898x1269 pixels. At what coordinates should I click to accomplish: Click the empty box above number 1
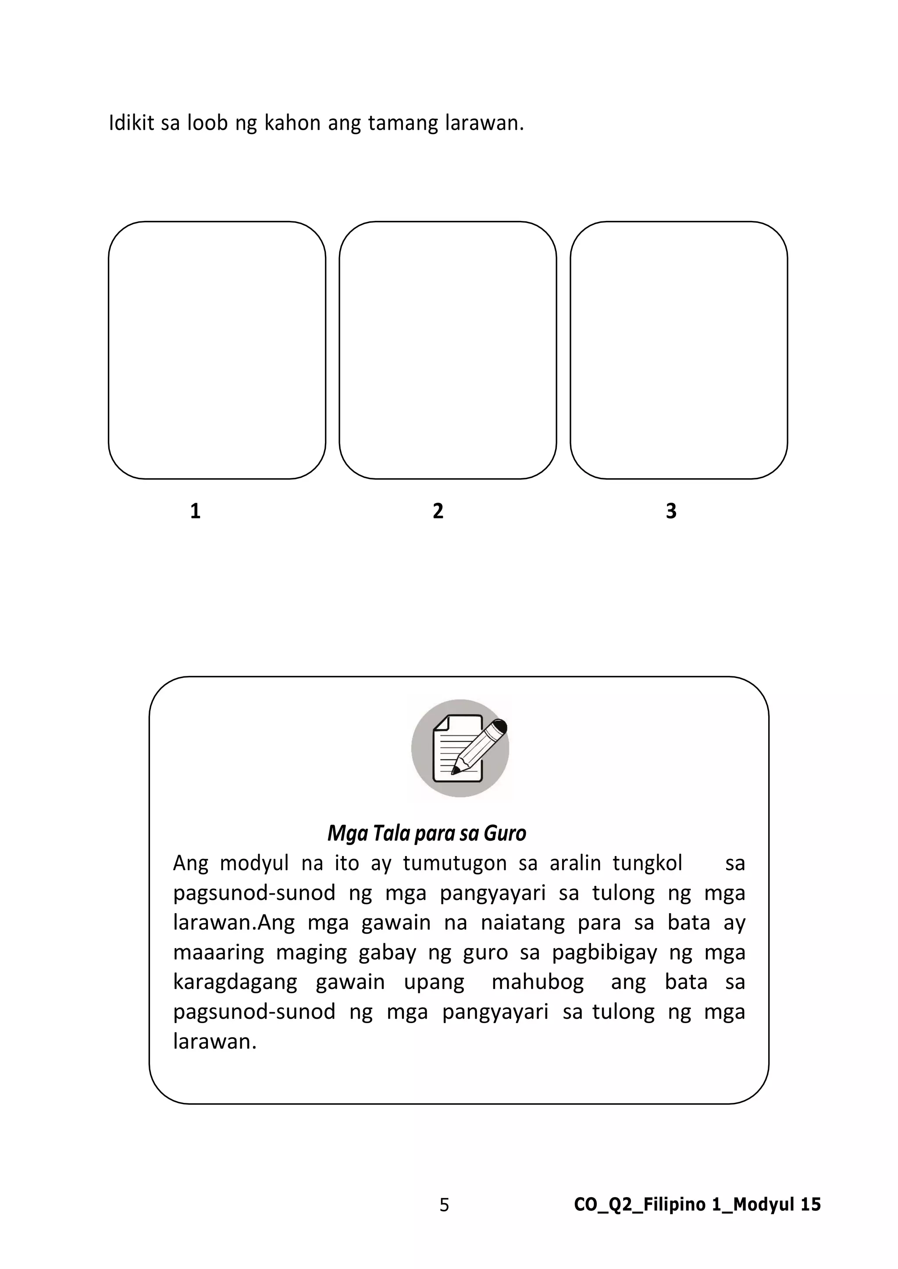point(217,350)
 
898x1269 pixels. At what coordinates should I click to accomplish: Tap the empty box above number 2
point(448,350)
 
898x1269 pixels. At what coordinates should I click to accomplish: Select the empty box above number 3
point(679,350)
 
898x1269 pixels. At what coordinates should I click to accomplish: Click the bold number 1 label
point(195,511)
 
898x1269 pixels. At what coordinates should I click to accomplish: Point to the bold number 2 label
point(438,511)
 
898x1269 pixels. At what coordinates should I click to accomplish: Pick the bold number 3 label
point(671,511)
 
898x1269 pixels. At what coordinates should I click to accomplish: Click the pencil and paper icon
point(460,748)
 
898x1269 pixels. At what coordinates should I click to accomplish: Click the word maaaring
point(218,953)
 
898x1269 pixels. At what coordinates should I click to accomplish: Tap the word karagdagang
point(235,983)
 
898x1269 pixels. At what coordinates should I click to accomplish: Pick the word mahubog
point(538,983)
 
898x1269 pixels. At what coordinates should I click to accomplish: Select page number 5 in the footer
point(445,1205)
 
